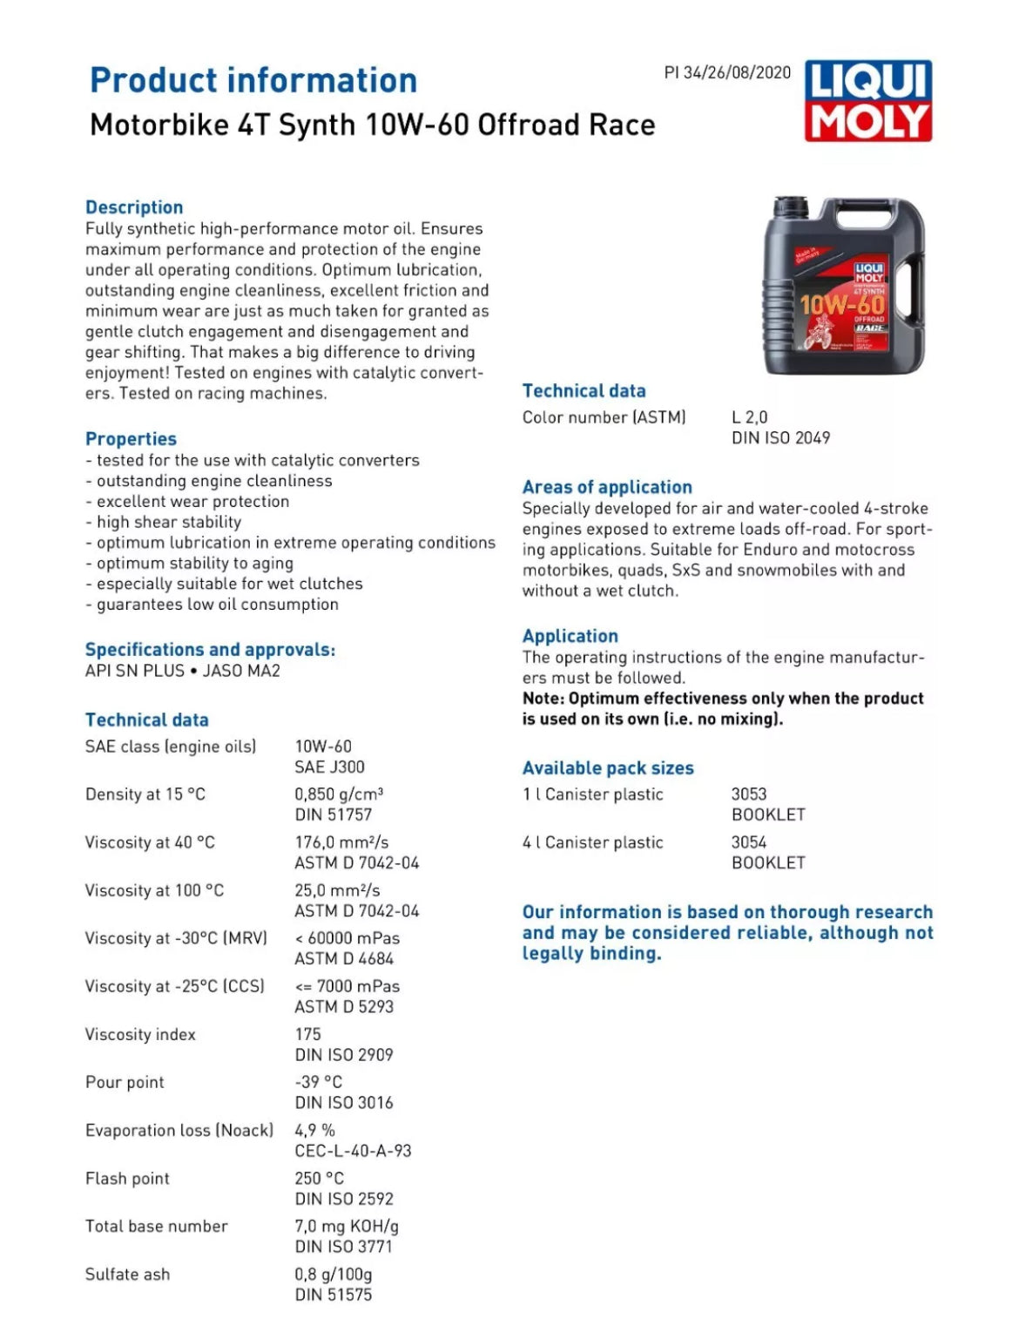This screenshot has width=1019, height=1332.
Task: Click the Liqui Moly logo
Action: point(867,101)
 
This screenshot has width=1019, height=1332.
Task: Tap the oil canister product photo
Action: point(843,286)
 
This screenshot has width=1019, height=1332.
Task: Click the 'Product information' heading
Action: point(253,80)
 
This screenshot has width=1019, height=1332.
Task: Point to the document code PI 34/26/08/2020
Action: point(727,72)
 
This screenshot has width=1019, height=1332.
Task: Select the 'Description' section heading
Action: point(134,207)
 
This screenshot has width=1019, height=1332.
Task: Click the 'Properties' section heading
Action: point(131,439)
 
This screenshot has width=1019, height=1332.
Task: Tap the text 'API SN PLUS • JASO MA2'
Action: point(183,671)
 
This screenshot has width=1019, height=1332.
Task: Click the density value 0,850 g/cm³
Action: point(339,794)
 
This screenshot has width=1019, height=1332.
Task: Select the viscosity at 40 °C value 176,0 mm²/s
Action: point(341,842)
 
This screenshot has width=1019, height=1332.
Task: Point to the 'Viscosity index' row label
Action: point(140,1035)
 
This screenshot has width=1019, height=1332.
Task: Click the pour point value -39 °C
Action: point(319,1082)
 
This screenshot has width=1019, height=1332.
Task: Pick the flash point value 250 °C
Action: point(320,1179)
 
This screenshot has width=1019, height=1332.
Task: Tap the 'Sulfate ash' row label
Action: point(127,1275)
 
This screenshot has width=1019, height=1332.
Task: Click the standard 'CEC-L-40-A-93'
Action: point(353,1151)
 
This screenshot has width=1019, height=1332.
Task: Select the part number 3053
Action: point(749,794)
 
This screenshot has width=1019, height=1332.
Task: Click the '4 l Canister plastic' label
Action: point(592,842)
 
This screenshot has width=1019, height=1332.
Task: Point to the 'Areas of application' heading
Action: point(607,487)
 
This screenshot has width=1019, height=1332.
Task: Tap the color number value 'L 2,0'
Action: point(750,417)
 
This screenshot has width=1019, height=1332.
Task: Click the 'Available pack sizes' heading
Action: point(608,768)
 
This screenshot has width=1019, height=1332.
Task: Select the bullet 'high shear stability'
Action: point(169,522)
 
